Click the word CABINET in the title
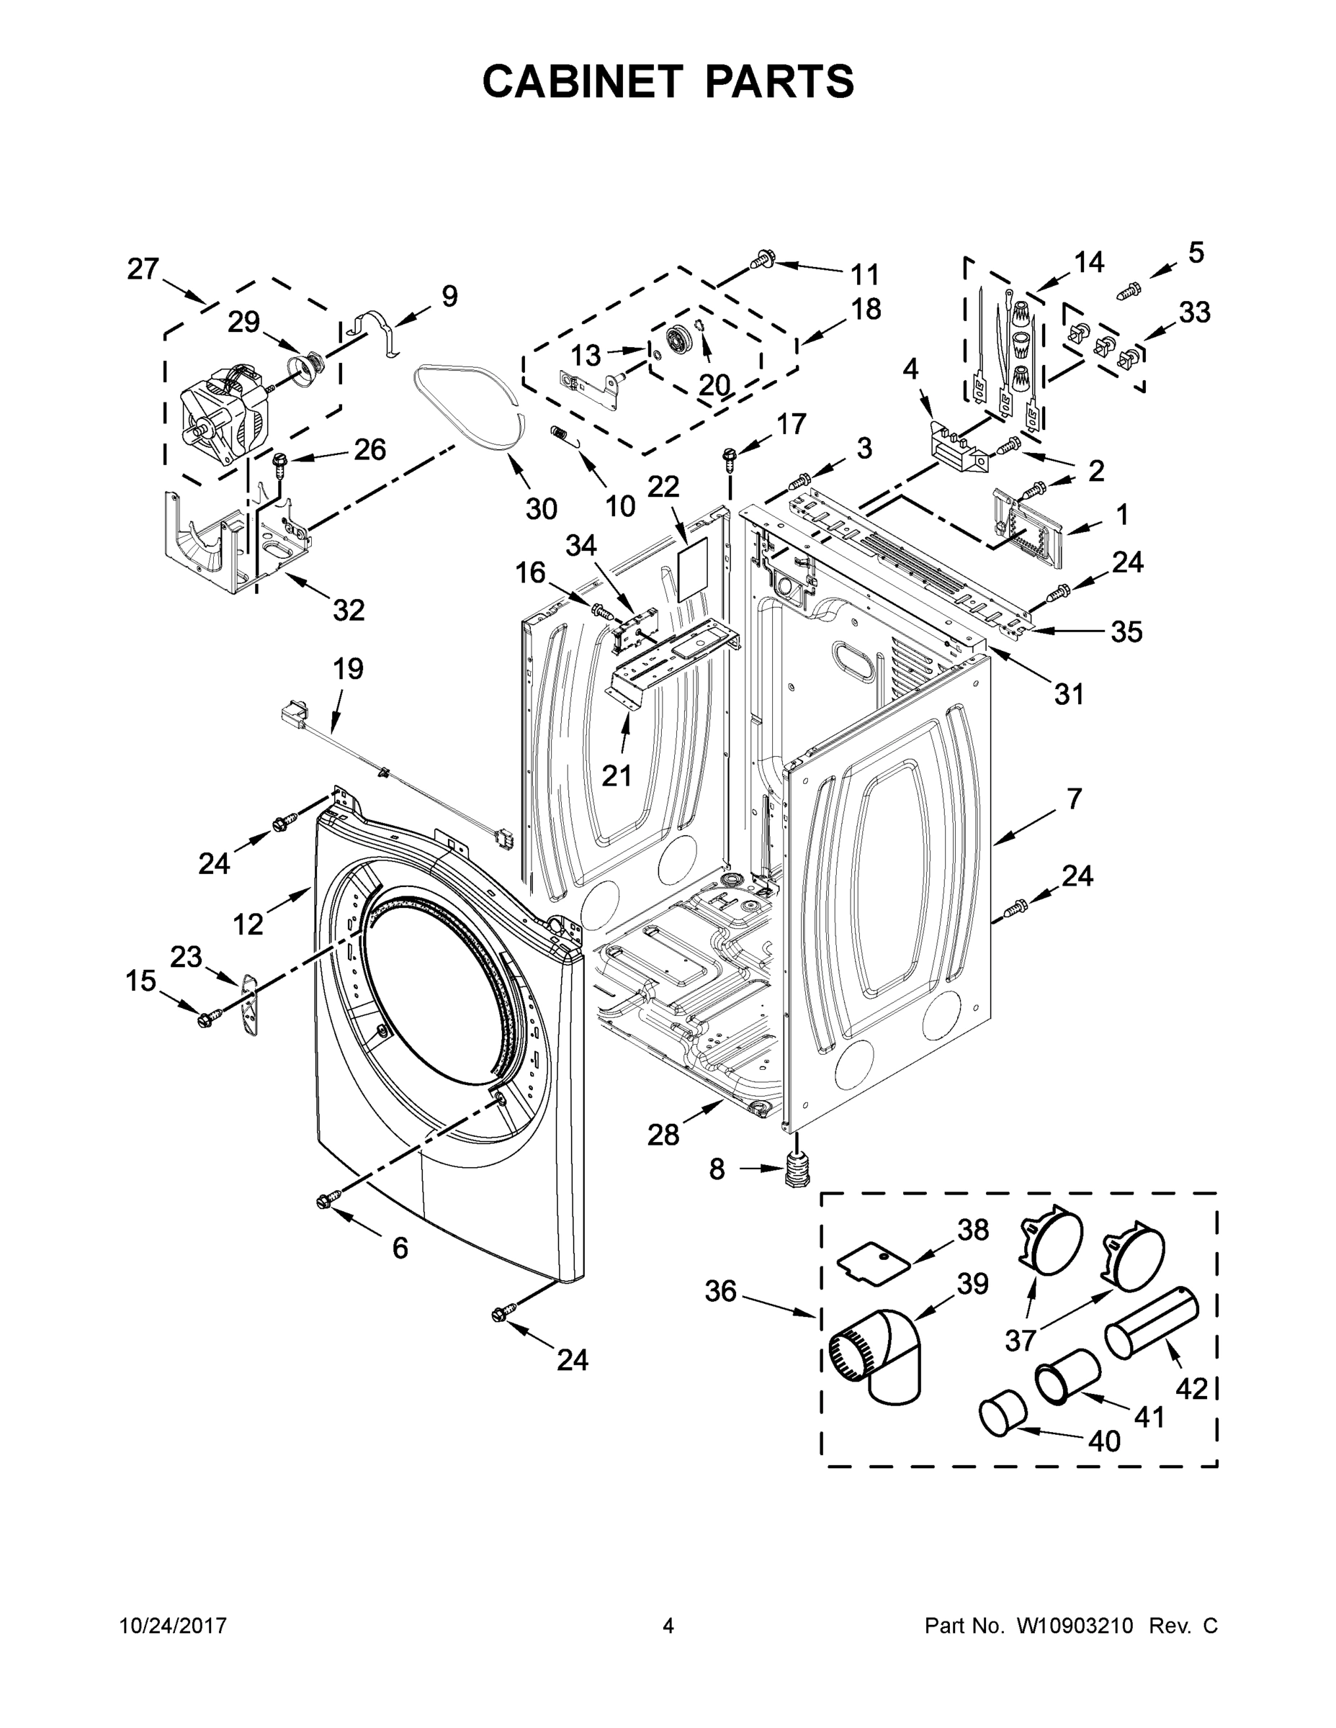(583, 81)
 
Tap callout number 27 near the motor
(143, 270)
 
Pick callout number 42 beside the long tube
(1191, 1387)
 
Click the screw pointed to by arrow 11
(762, 258)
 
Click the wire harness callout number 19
(347, 670)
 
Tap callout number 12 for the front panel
(248, 923)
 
